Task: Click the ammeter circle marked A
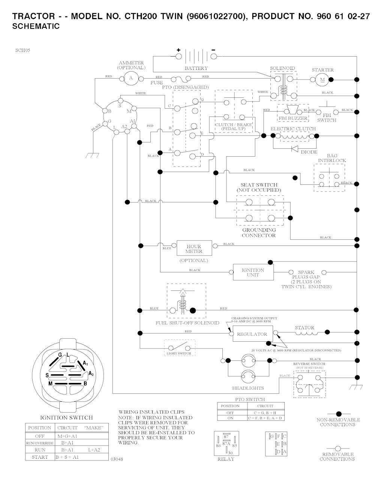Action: [x=131, y=78]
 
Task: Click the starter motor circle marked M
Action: [x=322, y=79]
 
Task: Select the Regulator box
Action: [x=252, y=334]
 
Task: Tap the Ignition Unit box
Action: [x=253, y=272]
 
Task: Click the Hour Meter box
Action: [x=194, y=249]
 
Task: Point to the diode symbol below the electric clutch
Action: [x=294, y=148]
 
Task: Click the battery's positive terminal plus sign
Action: [x=178, y=50]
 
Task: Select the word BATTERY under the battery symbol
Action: [x=196, y=68]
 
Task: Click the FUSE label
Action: [x=157, y=82]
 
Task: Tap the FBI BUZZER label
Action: [x=293, y=118]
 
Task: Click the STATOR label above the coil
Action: [x=304, y=328]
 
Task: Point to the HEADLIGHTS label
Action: [x=248, y=388]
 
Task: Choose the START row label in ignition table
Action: [x=40, y=457]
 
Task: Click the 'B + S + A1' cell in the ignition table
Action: [x=67, y=457]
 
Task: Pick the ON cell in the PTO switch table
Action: [x=230, y=418]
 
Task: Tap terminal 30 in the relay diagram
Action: [x=231, y=453]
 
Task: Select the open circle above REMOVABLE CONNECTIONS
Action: [x=337, y=448]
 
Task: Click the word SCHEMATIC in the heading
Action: [x=36, y=26]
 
